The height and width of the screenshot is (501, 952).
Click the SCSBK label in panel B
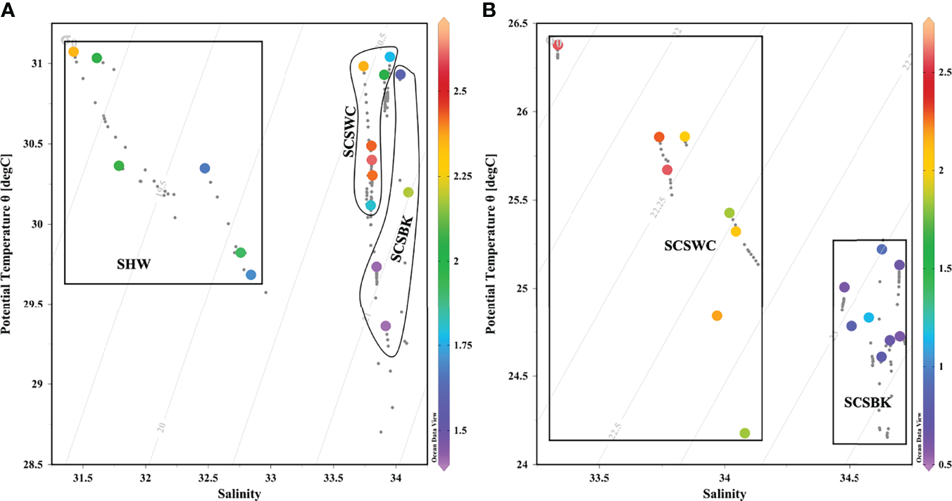click(868, 403)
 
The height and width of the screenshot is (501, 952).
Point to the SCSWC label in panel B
click(689, 246)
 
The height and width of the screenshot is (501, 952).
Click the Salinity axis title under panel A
click(239, 494)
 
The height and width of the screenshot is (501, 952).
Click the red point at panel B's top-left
click(558, 45)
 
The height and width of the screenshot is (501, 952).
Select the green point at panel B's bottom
click(745, 433)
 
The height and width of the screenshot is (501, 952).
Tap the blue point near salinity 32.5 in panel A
click(205, 168)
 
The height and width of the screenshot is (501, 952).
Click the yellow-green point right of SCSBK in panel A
click(408, 192)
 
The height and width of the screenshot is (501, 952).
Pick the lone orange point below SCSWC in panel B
click(717, 316)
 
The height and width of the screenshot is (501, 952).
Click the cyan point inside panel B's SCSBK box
click(868, 317)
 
